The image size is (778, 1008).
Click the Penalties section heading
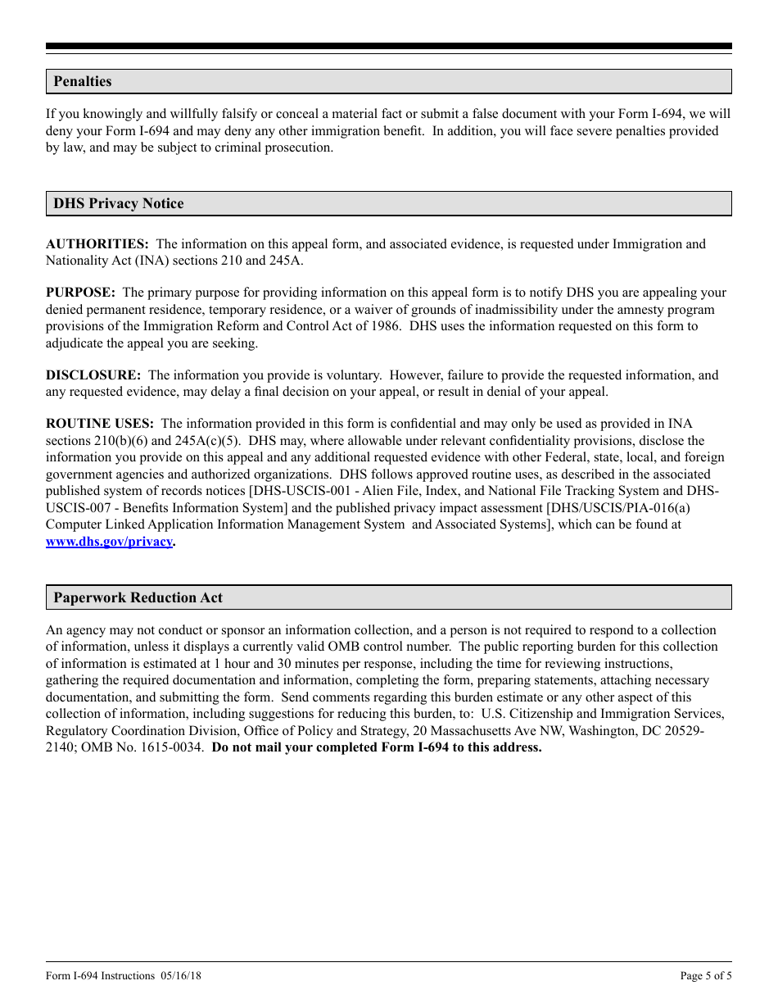tap(83, 81)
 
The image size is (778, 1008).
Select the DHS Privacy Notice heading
tap(119, 203)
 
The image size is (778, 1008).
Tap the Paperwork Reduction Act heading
tap(138, 597)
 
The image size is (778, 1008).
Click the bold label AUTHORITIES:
tap(97, 243)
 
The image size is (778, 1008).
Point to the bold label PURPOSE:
tap(80, 293)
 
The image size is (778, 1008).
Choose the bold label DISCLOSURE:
tap(93, 375)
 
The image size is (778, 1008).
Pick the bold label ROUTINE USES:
tap(99, 424)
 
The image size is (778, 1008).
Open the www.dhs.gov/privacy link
tap(109, 542)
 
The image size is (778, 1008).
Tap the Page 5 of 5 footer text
tap(706, 975)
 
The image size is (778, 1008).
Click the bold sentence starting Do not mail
tap(377, 747)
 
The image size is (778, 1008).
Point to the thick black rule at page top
tap(389, 47)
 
